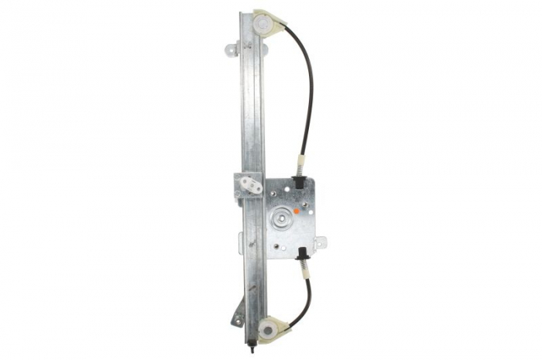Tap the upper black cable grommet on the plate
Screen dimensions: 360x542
click(x=298, y=183)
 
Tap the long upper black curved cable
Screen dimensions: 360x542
click(x=308, y=85)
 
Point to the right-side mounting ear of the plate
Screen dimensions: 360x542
click(x=321, y=242)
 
